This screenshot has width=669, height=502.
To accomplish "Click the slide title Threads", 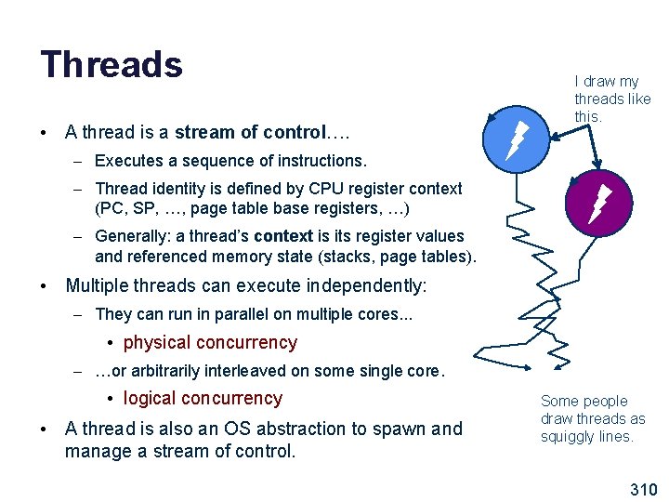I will pyautogui.click(x=111, y=64).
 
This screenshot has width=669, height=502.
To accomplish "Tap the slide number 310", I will pyautogui.click(x=643, y=489).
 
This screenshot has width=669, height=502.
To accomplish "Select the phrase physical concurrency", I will pyautogui.click(x=210, y=342).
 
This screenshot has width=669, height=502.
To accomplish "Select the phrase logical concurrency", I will pyautogui.click(x=203, y=398).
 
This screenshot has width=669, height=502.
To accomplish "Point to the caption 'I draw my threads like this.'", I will pyautogui.click(x=612, y=99).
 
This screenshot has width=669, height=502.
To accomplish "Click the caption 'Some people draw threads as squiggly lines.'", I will pyautogui.click(x=593, y=418).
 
